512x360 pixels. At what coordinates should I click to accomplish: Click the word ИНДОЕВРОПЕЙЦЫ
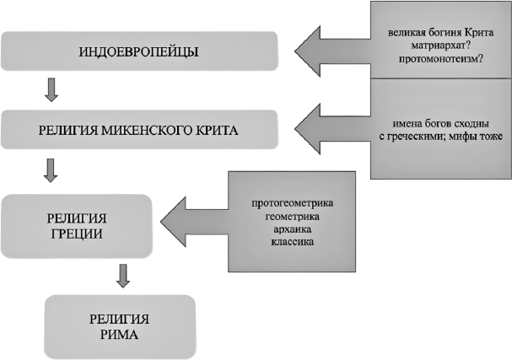click(139, 52)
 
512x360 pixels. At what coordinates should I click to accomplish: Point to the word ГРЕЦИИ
click(77, 234)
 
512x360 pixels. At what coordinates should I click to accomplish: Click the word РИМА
click(119, 335)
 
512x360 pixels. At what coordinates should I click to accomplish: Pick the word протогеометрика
click(292, 203)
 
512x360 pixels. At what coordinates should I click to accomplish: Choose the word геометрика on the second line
click(292, 217)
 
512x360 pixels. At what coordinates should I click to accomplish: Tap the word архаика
click(292, 229)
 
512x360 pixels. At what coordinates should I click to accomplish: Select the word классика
click(292, 242)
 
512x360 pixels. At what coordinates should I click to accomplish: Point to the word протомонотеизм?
click(440, 59)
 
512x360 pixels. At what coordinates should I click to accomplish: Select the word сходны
click(472, 124)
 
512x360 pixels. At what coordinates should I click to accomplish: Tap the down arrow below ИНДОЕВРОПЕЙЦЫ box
click(51, 89)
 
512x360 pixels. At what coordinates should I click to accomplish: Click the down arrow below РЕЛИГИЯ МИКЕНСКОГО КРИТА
click(51, 170)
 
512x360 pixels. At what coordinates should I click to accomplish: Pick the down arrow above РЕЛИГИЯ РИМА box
click(123, 276)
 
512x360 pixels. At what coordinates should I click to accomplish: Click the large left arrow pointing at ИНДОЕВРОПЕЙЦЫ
click(332, 51)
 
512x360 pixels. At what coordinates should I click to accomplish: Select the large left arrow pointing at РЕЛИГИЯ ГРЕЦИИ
click(194, 222)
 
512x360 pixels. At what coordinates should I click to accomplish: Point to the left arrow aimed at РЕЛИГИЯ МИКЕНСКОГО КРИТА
click(332, 129)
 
